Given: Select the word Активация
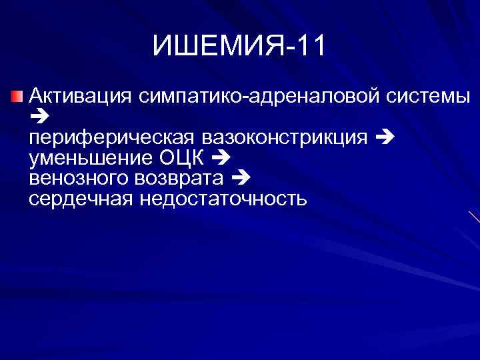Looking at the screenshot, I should [x=79, y=97].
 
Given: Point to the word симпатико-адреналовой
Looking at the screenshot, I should [x=261, y=97].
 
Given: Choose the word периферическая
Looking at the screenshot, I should [x=111, y=138].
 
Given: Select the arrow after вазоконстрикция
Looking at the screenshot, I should [x=385, y=138].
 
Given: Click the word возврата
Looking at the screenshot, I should [x=179, y=179].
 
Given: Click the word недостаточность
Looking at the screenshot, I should [x=223, y=199].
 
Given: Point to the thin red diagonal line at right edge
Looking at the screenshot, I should [x=474, y=216].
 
